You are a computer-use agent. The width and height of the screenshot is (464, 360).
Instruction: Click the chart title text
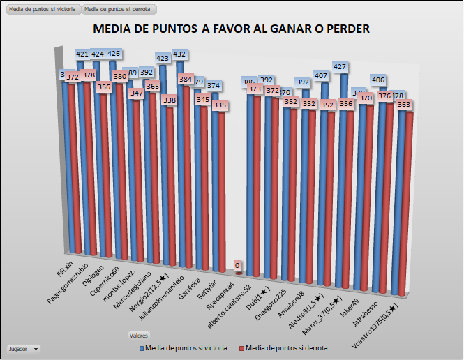coord(231,29)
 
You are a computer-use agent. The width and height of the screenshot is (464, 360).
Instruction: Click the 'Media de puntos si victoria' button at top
coord(42,9)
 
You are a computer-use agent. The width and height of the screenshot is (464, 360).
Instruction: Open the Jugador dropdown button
coord(22,347)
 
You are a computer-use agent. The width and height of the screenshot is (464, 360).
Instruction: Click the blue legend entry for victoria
coord(184,347)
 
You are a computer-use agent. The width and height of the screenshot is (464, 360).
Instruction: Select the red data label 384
coord(186,80)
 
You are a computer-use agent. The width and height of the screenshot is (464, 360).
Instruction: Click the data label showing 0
coord(238,266)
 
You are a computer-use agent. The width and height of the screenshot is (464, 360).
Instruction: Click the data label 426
coord(115,53)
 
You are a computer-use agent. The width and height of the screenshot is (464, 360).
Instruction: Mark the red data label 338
coord(169,100)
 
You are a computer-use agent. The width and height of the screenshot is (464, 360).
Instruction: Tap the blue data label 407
coord(322,75)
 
